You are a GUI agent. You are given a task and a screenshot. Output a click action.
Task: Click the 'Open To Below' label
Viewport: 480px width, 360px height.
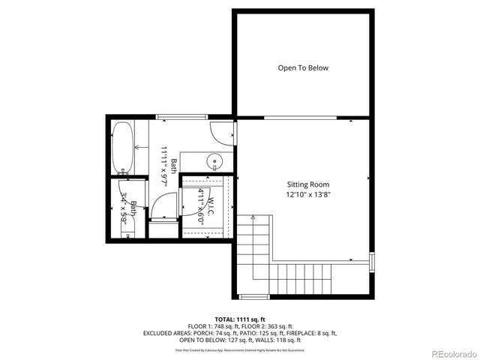tap(303, 68)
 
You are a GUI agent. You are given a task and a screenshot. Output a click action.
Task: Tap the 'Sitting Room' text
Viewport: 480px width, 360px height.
tap(307, 184)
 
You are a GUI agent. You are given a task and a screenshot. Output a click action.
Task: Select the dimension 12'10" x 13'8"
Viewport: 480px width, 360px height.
tap(307, 195)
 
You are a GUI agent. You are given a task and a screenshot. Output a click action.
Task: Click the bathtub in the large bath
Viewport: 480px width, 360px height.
tap(122, 148)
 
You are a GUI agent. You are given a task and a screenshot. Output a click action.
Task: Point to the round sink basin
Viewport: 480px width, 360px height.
tap(215, 160)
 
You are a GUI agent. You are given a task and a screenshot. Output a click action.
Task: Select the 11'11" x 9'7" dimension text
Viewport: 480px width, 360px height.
tap(163, 164)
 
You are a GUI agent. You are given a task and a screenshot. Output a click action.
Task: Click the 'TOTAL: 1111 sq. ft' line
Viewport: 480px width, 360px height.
tap(240, 318)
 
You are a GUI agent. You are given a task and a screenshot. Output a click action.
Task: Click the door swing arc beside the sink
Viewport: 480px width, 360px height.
tap(223, 133)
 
